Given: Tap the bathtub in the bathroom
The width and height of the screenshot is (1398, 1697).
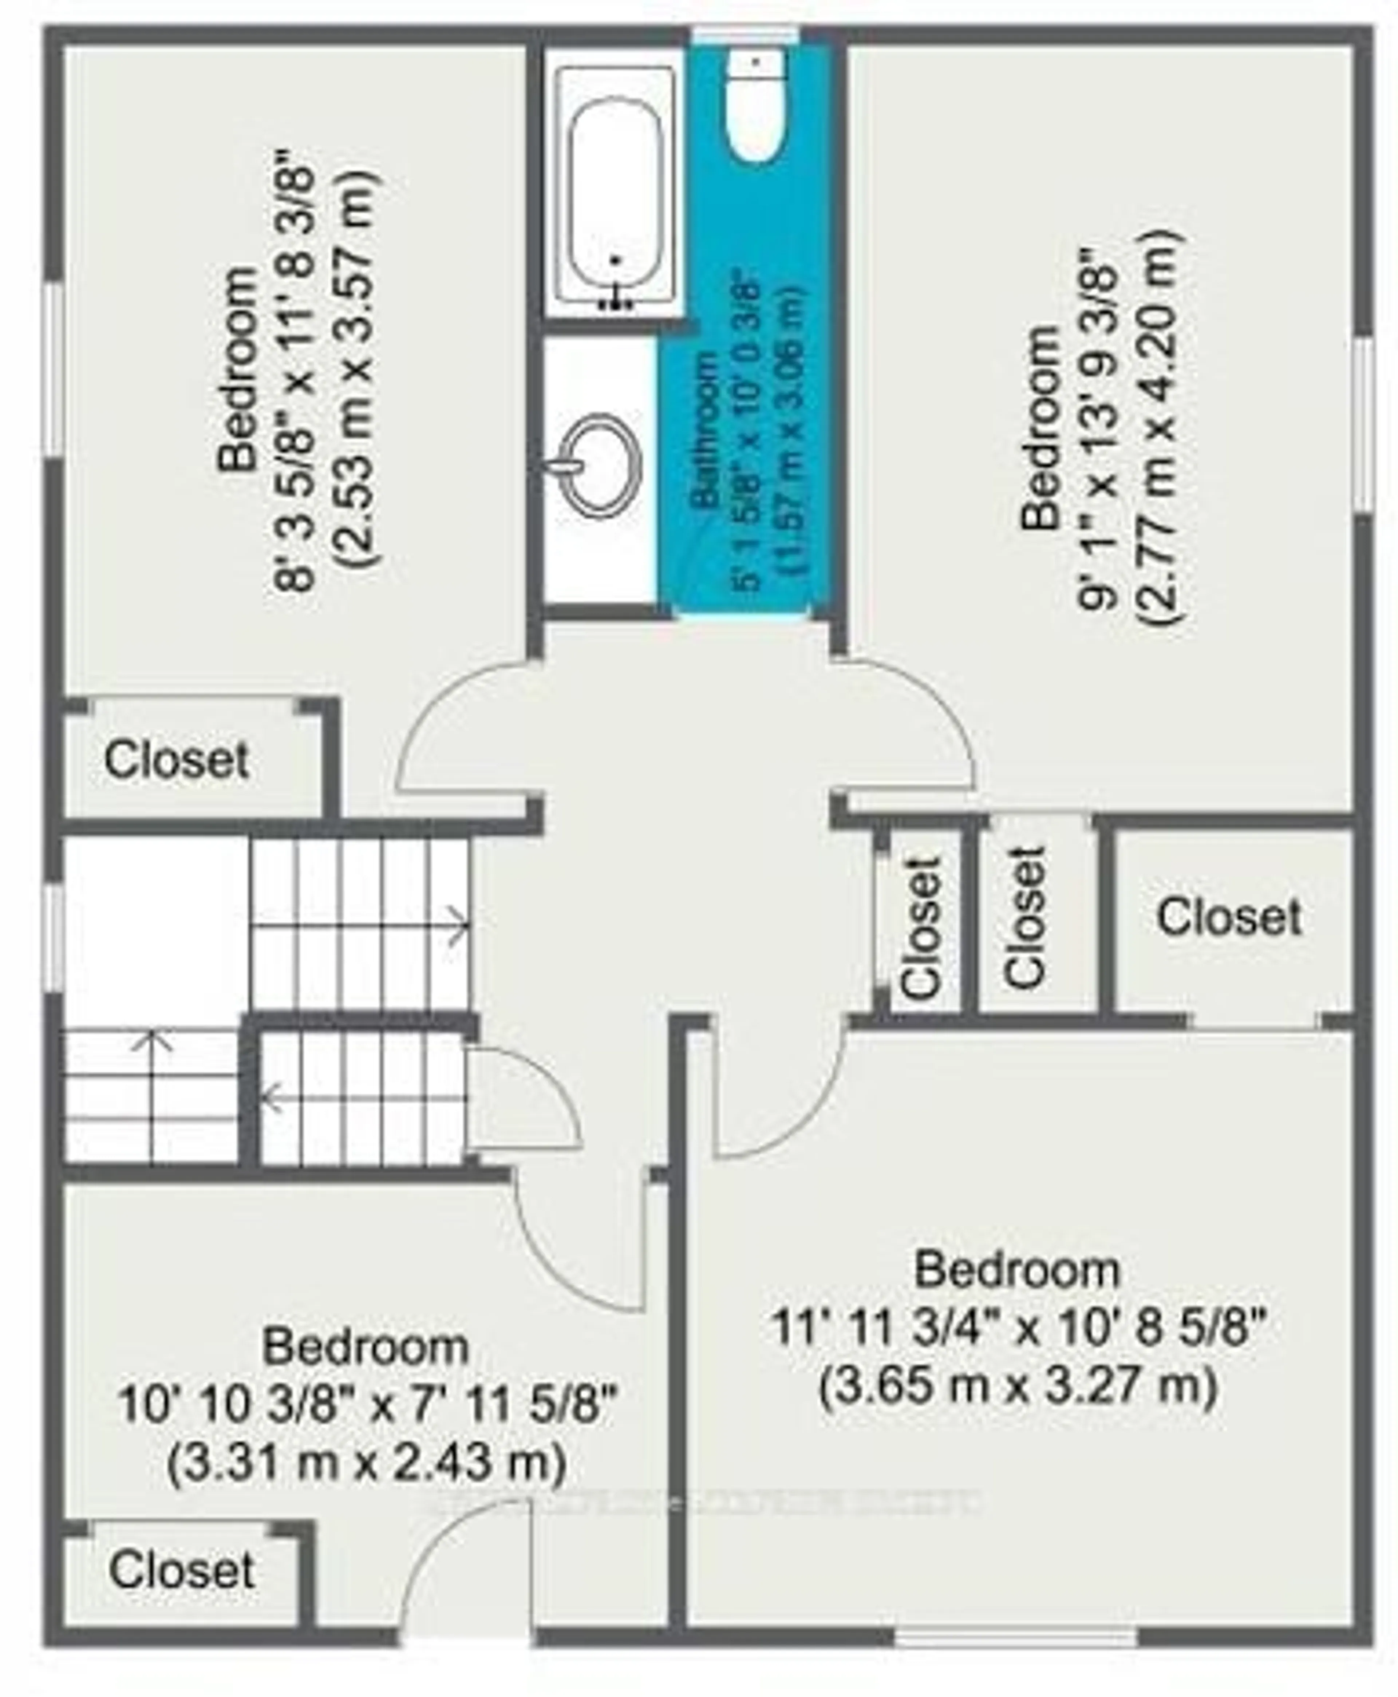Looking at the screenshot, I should (x=616, y=201).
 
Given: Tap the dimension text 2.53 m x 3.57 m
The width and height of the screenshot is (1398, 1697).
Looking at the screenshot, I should (x=354, y=370).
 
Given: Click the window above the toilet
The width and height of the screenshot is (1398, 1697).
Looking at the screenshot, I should (x=745, y=35).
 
